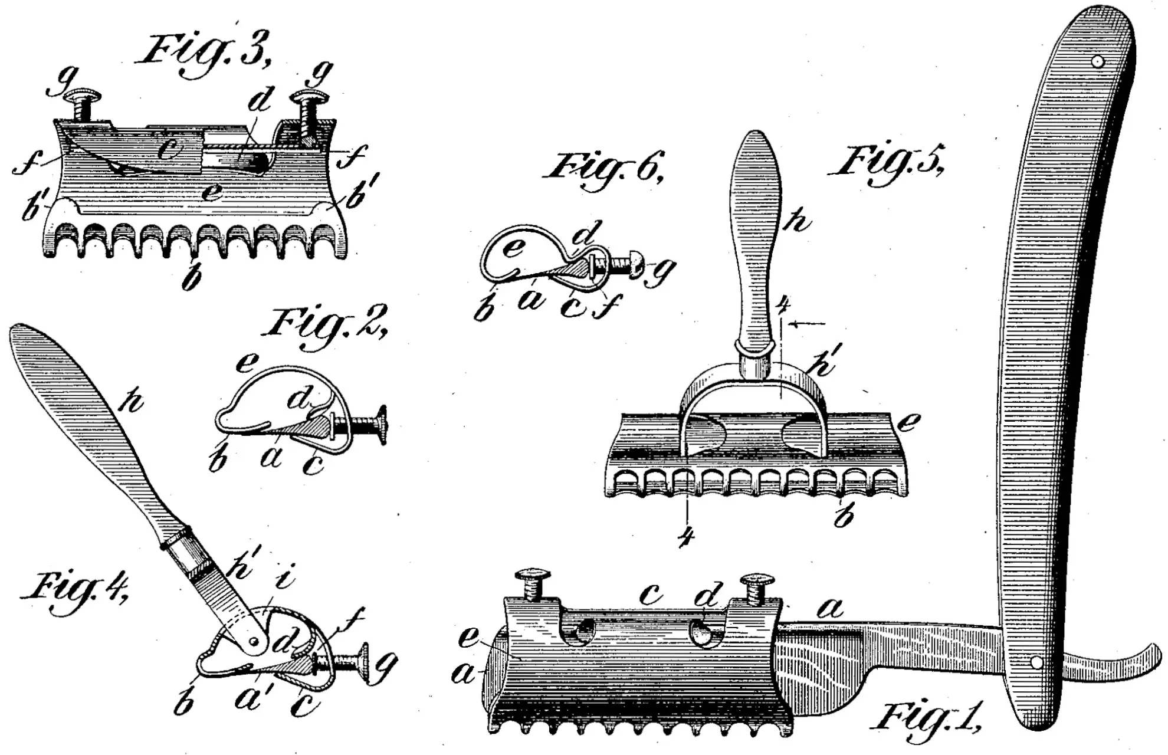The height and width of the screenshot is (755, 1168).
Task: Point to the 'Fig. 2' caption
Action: (327, 324)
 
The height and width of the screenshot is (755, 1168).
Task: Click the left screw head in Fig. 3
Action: (80, 95)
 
